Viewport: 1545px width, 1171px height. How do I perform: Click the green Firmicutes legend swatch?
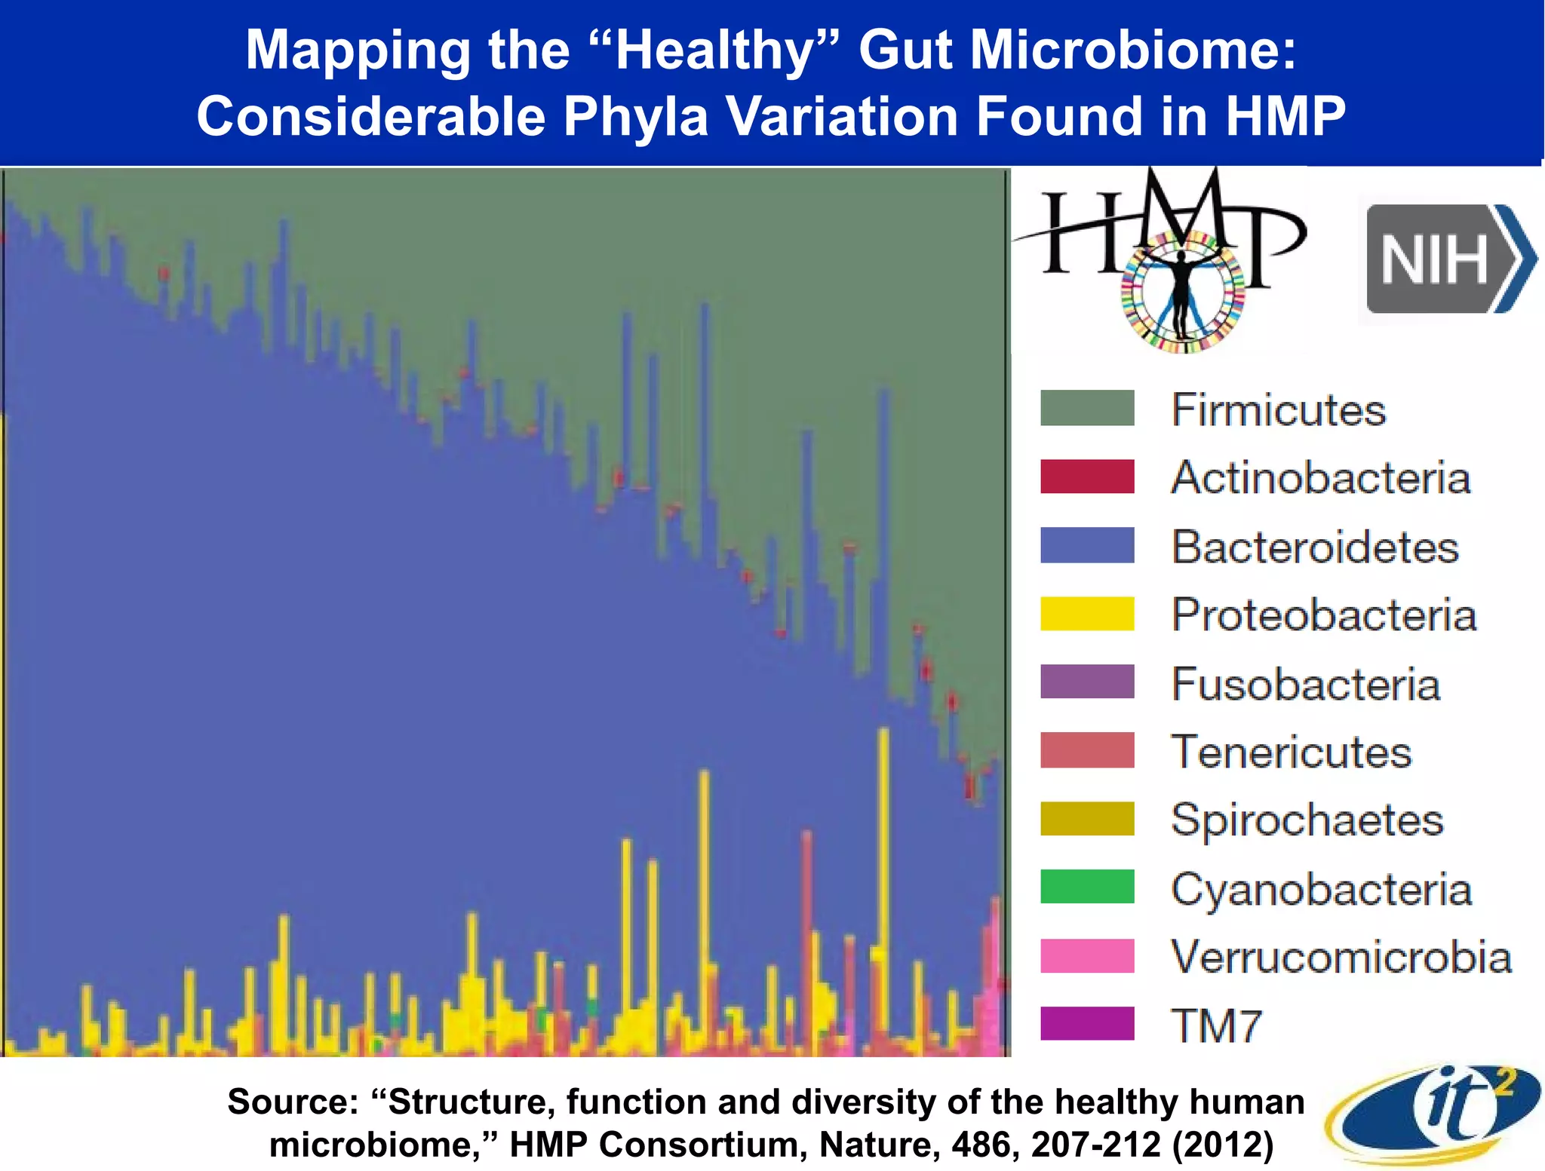tap(1086, 408)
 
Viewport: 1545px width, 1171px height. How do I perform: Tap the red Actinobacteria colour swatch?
tap(1086, 477)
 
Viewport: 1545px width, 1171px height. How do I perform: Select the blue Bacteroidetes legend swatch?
tap(1086, 545)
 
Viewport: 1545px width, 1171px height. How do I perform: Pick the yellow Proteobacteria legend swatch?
tap(1086, 614)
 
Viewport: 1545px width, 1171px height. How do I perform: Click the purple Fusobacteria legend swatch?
tap(1086, 682)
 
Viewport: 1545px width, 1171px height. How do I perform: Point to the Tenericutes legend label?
tap(1291, 752)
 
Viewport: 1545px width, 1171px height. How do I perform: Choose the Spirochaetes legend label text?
tap(1307, 820)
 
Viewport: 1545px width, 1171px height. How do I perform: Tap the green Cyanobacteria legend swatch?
tap(1086, 887)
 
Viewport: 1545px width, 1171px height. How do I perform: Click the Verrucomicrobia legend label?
tap(1341, 957)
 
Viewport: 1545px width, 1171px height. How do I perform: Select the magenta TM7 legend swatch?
tap(1086, 1024)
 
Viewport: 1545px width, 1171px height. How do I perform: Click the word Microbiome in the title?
tap(1132, 50)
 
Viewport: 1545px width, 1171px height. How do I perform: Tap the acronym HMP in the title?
tap(1285, 117)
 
